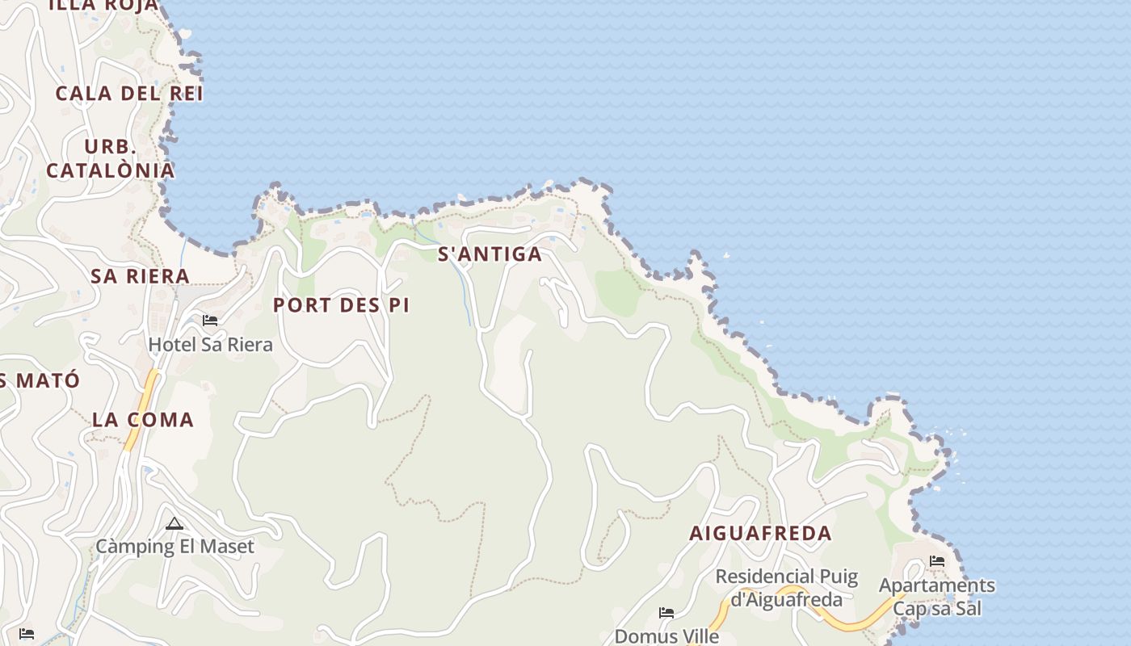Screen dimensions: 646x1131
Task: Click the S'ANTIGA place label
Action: [490, 254]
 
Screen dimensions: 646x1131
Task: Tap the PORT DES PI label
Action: [341, 305]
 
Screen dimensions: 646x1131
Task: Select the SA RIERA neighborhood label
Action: [140, 276]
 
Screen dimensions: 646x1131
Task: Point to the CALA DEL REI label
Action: [129, 94]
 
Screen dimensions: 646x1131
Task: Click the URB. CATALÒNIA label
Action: [111, 159]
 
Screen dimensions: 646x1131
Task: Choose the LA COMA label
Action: [143, 420]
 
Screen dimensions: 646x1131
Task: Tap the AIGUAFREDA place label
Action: [760, 534]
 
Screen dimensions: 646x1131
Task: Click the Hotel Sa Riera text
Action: [210, 345]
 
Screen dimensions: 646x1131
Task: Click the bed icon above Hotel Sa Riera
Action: [210, 321]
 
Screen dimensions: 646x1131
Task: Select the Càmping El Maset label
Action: [175, 547]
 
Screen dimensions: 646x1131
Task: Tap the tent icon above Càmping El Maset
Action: [174, 524]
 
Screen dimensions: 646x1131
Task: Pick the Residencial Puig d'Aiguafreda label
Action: [787, 588]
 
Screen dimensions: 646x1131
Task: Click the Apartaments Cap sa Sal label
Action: [937, 597]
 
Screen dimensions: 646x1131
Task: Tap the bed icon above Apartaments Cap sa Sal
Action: [937, 560]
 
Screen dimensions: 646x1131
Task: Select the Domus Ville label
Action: [666, 636]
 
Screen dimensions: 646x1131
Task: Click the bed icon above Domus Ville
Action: [666, 613]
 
